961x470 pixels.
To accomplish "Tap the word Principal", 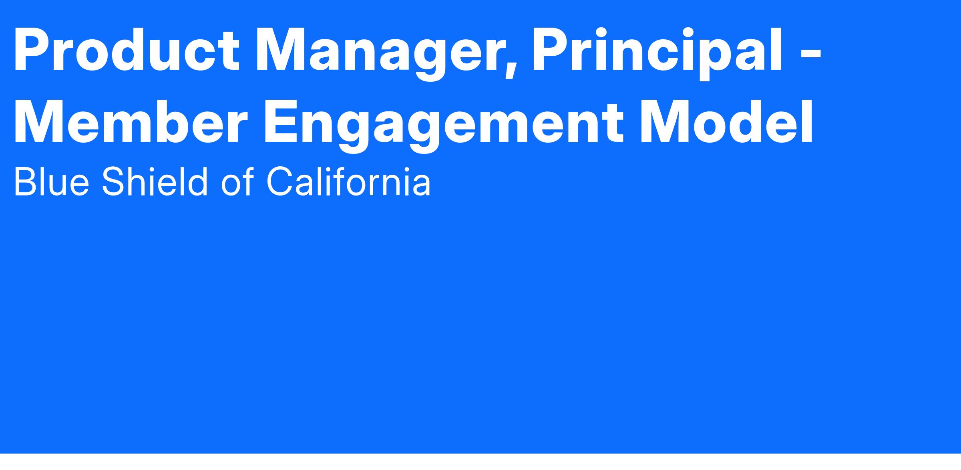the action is coord(657,54).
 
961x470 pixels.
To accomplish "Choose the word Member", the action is coord(129,122).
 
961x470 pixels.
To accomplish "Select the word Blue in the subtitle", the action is coord(51,182).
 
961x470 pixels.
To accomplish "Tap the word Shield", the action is coord(155,182).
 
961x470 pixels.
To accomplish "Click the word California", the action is coord(348,182).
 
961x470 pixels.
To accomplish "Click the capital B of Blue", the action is coord(25,182).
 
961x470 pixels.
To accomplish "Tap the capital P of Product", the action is coord(32,50).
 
